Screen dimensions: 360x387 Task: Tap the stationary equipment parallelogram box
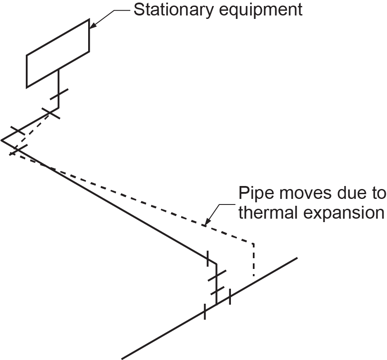tap(58, 53)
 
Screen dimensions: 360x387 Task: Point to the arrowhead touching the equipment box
tap(92, 26)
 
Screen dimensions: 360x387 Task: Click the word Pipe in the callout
tap(254, 193)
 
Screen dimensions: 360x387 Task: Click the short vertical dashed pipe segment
tap(254, 260)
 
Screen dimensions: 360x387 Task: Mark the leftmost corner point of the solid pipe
tap(2, 140)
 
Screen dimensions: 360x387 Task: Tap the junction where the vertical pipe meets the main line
tap(216, 303)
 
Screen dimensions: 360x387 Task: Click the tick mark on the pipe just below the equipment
tap(58, 95)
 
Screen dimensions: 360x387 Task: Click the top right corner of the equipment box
tap(89, 19)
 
